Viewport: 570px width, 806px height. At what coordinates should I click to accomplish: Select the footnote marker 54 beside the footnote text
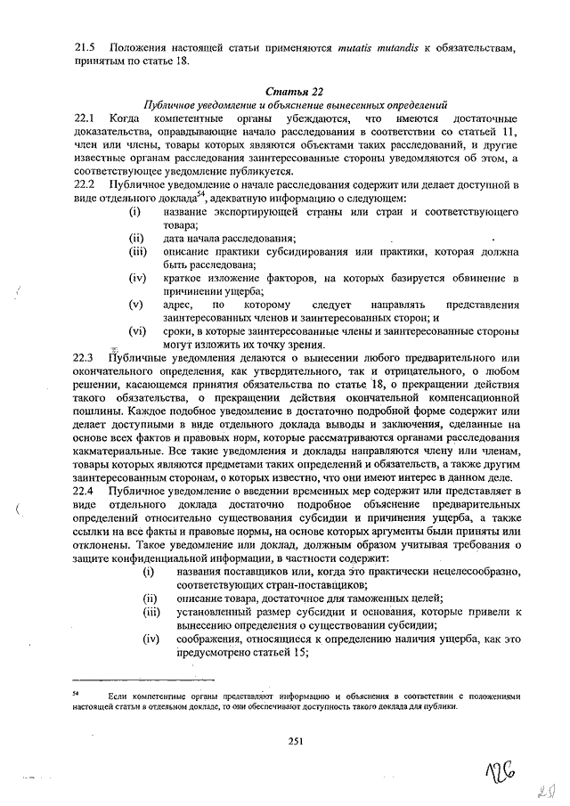(x=77, y=692)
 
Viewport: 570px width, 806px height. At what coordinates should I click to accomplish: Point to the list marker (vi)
(x=137, y=331)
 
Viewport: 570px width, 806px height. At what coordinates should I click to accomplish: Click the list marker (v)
(x=136, y=305)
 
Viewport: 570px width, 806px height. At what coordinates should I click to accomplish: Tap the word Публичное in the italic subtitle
(x=175, y=104)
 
